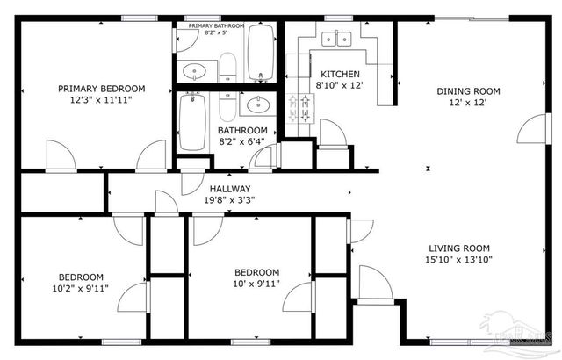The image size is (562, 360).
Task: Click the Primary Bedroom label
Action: point(101,89)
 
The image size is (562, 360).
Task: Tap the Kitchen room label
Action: point(338,74)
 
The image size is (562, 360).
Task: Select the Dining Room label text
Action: point(468,91)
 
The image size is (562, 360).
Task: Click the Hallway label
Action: point(230,189)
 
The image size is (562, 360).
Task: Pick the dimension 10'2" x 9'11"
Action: point(81,287)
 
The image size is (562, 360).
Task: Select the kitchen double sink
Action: point(335,39)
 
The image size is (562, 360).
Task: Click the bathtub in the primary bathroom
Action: point(260,54)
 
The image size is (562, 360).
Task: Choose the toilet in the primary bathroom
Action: point(227,66)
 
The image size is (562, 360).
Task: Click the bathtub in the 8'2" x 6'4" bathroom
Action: point(191,122)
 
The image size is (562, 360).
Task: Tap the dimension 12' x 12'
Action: point(468,104)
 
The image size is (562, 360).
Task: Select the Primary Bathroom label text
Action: point(211,27)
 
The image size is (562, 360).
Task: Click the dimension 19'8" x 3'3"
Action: point(230,200)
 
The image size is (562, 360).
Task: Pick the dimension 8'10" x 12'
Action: point(338,85)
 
